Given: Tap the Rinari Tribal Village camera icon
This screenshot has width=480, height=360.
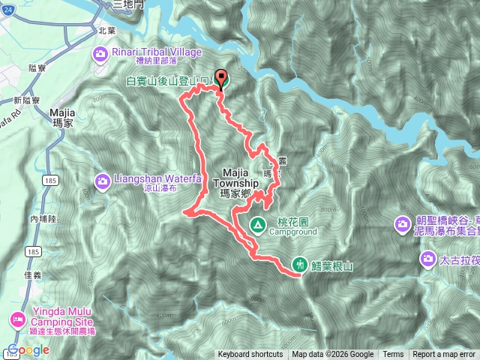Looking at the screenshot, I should (101, 52).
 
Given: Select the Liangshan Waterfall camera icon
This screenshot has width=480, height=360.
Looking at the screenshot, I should (101, 181).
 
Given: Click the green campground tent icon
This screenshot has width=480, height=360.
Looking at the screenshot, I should (257, 223).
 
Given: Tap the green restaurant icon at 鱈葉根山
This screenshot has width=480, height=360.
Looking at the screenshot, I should (300, 264).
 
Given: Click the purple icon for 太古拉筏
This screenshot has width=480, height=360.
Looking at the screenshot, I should (427, 259).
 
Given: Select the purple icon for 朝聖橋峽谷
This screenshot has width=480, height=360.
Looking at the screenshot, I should (403, 223).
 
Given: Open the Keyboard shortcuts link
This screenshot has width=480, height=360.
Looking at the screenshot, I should (250, 355).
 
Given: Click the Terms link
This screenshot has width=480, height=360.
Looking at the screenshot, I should (393, 355).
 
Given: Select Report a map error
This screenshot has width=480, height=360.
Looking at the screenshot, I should (444, 355).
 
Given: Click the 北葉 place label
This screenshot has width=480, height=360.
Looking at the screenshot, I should (107, 31).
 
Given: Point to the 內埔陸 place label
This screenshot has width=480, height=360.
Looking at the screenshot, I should (43, 218).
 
